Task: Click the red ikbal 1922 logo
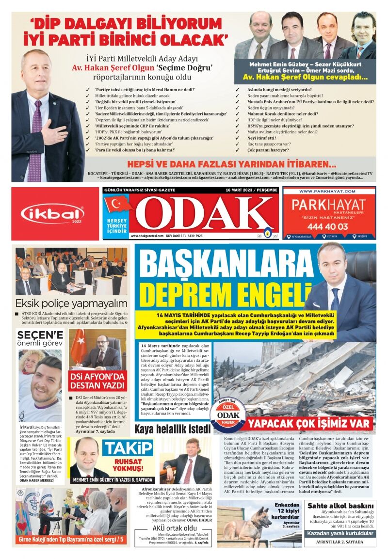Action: (52, 214)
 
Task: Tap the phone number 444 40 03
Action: (329, 226)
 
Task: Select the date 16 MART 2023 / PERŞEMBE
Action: (251, 190)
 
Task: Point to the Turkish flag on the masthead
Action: (117, 204)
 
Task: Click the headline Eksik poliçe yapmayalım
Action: (71, 304)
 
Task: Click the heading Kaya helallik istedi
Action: (173, 429)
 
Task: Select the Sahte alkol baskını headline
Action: (341, 506)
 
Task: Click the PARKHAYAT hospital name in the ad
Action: (329, 204)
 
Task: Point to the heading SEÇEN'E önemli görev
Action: (40, 339)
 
